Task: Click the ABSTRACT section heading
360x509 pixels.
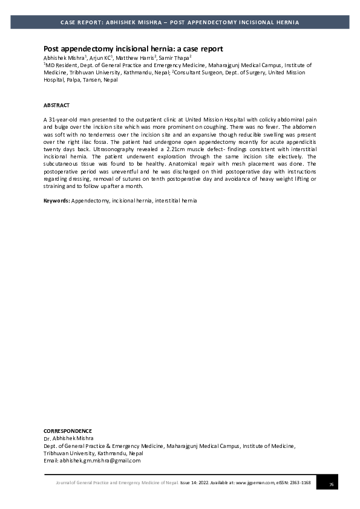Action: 56,105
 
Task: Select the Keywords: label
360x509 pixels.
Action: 57,199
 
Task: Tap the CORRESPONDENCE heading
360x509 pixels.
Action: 68,431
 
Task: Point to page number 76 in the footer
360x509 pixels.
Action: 331,484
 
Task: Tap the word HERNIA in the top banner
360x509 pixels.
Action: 287,22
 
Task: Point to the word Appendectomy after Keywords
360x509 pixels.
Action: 90,199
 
